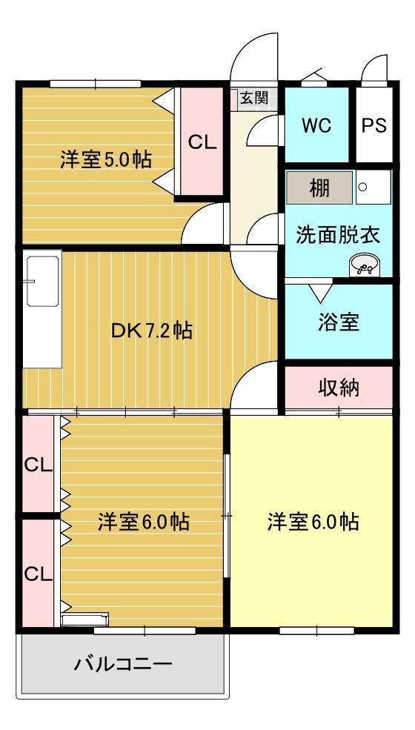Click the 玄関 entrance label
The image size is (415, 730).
[x=254, y=98]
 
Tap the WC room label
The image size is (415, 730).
[x=316, y=126]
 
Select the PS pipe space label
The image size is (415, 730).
[x=374, y=126]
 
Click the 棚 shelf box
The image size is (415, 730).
[x=319, y=188]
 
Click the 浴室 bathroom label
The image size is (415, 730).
[x=339, y=322]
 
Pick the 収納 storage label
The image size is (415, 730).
[x=339, y=388]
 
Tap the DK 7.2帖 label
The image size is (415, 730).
[x=151, y=331]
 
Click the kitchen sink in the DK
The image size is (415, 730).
[x=43, y=281]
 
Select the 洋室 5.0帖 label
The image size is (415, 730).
[x=105, y=159]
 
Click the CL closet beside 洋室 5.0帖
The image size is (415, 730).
[x=202, y=142]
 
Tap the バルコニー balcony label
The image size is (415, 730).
[x=123, y=663]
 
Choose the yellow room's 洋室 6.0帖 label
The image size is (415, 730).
[x=313, y=522]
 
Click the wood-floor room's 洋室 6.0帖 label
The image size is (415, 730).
[x=144, y=522]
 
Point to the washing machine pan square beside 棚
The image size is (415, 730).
[x=373, y=187]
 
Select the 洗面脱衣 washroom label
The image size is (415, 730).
[x=339, y=236]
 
